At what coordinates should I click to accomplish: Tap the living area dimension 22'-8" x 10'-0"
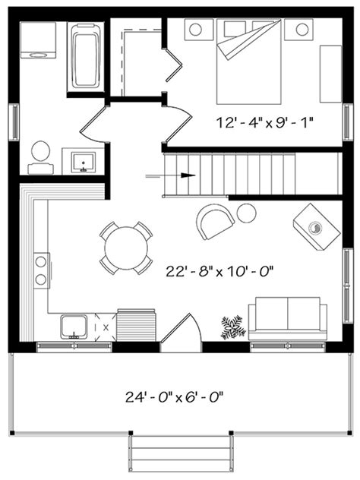[x=219, y=270]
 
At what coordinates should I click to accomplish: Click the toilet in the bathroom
[x=40, y=156]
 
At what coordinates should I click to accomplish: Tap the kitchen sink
[x=74, y=326]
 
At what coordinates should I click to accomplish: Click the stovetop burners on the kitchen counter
[x=41, y=271]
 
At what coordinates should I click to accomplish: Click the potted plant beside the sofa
[x=232, y=327]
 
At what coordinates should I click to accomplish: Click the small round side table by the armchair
[x=246, y=213]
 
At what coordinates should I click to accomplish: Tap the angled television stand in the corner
[x=317, y=226]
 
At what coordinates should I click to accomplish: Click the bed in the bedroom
[x=248, y=62]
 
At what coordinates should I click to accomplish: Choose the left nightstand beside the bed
[x=194, y=30]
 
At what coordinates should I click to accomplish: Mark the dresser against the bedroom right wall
[x=330, y=73]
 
